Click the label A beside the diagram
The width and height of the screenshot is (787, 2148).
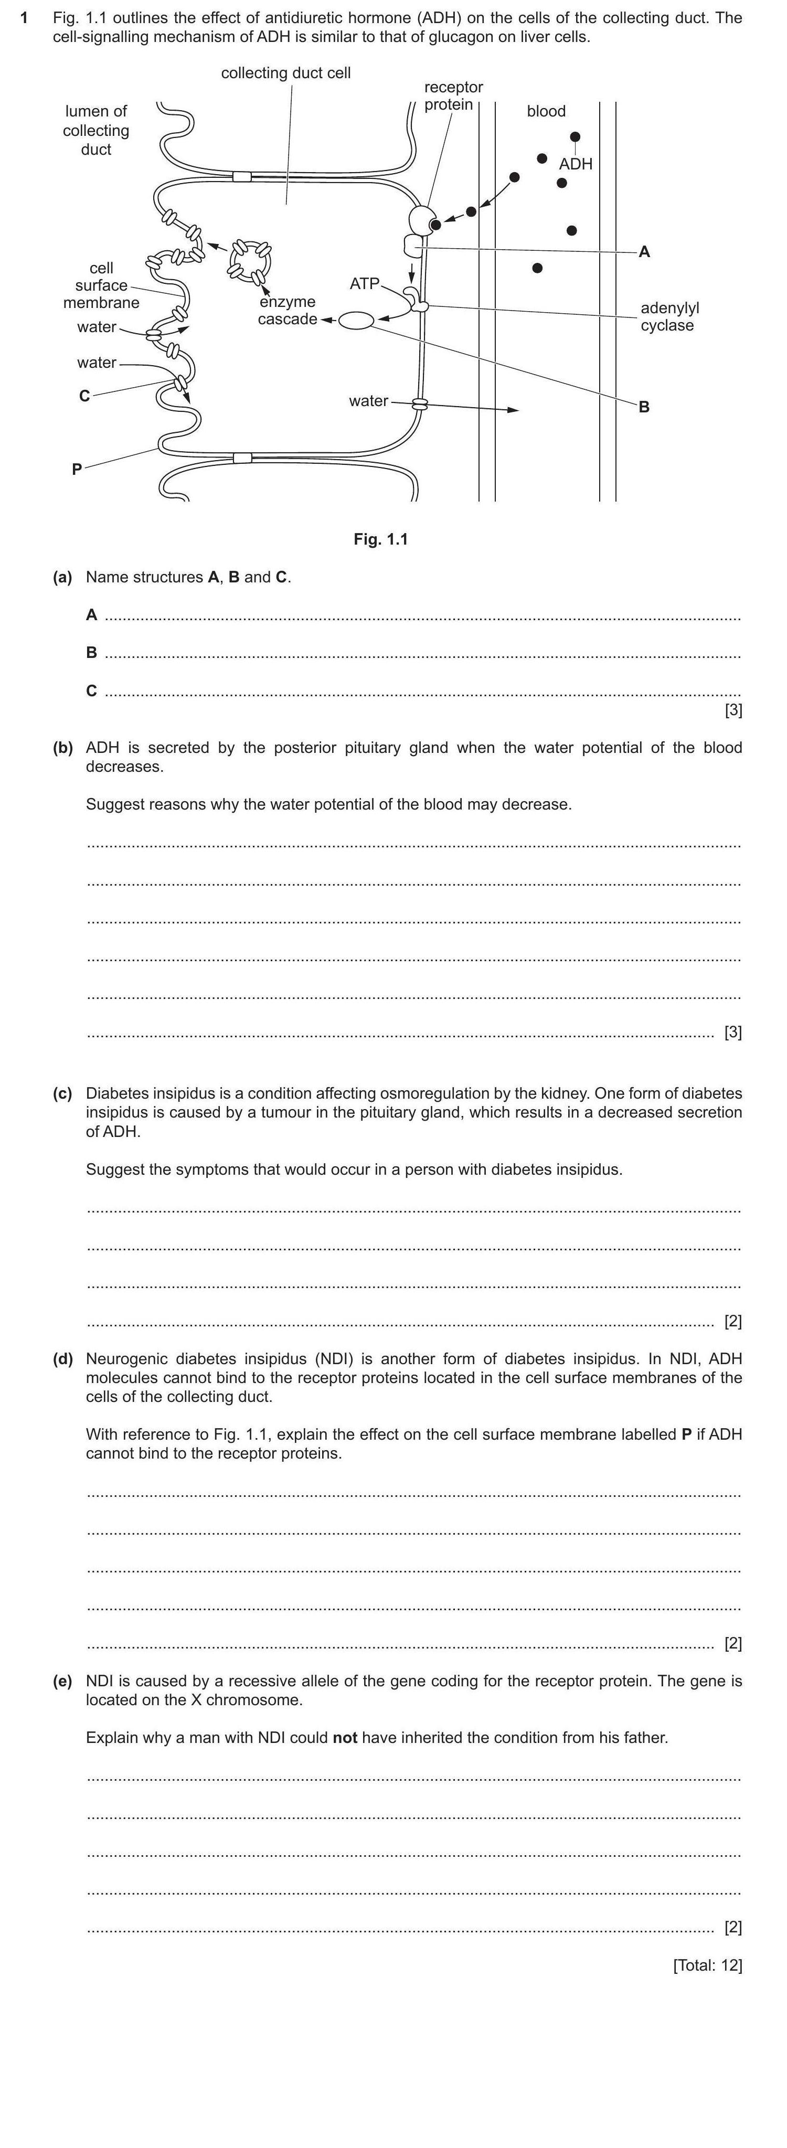click(x=644, y=252)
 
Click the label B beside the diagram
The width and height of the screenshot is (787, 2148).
click(x=644, y=407)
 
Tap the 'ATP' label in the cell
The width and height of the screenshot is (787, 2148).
click(x=364, y=283)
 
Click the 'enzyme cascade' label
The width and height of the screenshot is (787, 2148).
click(x=287, y=310)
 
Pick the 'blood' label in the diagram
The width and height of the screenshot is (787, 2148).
click(x=546, y=111)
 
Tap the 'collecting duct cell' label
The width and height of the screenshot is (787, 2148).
click(x=286, y=73)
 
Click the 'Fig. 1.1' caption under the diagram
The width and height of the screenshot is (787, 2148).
click(x=380, y=539)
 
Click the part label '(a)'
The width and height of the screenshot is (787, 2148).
click(x=62, y=577)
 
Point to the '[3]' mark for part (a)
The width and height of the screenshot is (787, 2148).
click(x=733, y=710)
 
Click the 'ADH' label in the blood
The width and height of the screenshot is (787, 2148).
click(x=575, y=164)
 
